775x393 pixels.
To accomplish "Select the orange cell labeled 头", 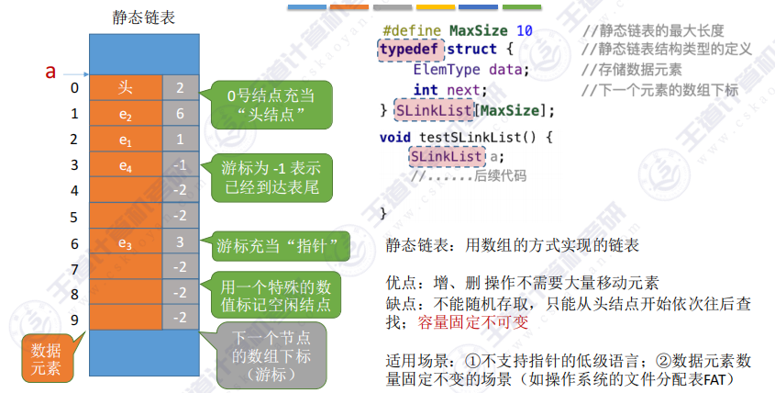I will (126, 88).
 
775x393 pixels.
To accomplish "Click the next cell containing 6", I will (180, 114).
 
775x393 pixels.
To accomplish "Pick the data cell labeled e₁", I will (126, 140).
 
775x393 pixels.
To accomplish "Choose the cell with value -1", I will (180, 165).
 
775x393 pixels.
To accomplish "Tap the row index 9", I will (74, 320).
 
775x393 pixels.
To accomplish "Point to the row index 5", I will (74, 217).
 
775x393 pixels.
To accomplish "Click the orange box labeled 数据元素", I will (48, 359).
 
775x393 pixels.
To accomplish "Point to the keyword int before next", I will (425, 90).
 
